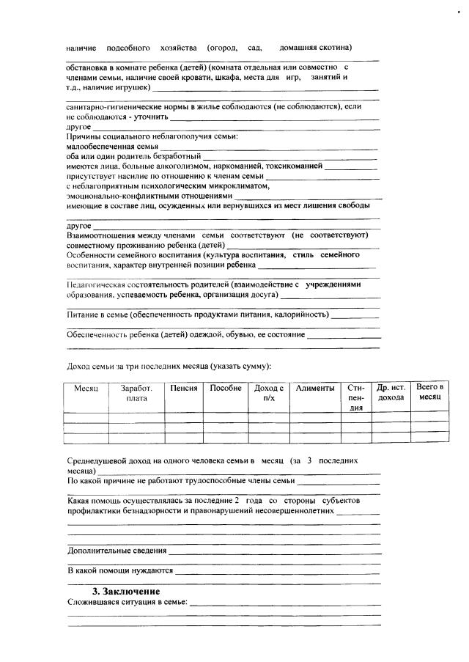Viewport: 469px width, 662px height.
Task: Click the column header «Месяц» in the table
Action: [86, 389]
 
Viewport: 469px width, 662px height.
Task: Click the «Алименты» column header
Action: [315, 389]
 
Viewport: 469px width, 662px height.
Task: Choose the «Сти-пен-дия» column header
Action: [356, 398]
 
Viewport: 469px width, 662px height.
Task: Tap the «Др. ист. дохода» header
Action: [391, 393]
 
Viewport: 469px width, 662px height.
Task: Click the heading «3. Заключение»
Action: [125, 592]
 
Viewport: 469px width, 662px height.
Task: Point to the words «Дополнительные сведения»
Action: [117, 551]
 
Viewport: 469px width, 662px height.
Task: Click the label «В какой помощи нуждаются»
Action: [120, 570]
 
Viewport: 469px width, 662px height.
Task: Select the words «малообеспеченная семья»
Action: [112, 147]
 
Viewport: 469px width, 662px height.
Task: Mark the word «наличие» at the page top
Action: [81, 48]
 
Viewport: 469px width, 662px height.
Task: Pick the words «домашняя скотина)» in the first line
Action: [316, 48]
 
